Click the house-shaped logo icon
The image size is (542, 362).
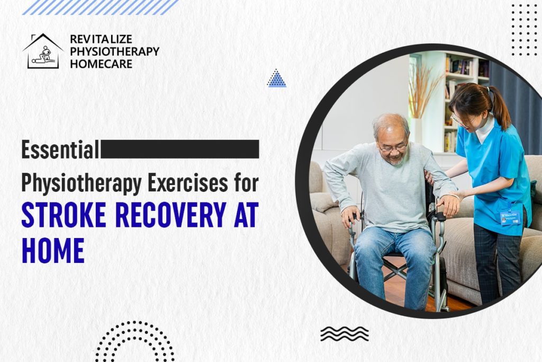[43, 51]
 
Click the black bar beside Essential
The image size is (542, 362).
[179, 149]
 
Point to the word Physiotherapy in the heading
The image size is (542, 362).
[81, 183]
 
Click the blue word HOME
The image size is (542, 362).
[53, 250]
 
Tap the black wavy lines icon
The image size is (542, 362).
[344, 333]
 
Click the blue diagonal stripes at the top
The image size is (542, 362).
[100, 7]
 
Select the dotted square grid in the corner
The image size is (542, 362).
[524, 29]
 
